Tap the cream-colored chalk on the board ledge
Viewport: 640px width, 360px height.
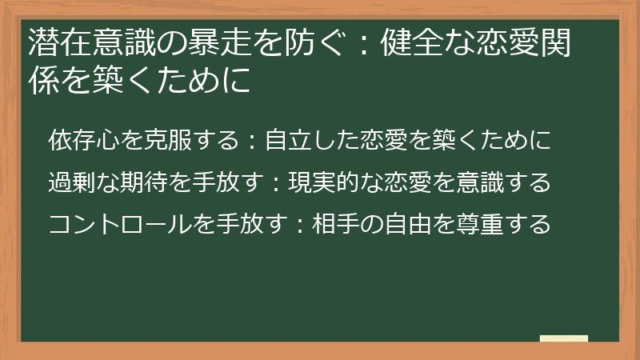[564, 338]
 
